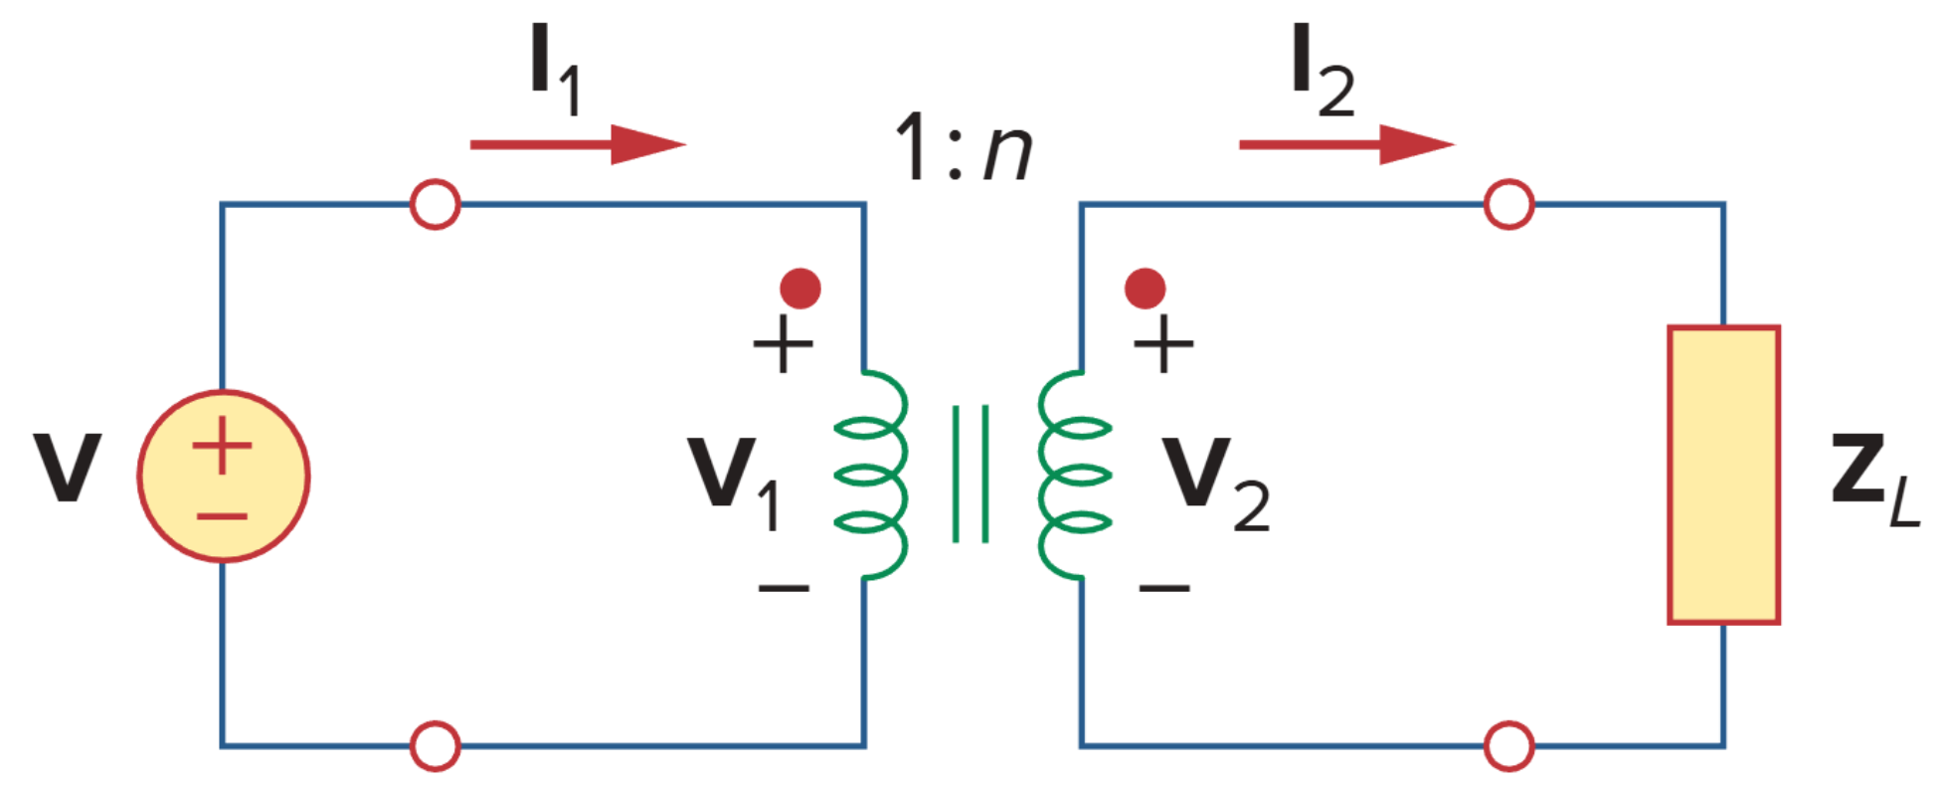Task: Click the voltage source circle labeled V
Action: point(223,477)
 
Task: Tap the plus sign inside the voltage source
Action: point(222,445)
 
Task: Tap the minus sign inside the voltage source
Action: point(222,516)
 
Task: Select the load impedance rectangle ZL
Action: point(1723,475)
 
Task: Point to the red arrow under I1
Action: point(577,144)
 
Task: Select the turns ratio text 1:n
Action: point(963,147)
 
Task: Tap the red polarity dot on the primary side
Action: point(800,289)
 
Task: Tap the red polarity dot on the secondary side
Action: point(1145,289)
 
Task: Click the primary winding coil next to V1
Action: point(872,475)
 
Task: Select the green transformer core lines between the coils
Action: point(971,474)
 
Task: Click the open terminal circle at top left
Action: point(435,205)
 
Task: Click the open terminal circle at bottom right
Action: point(1508,745)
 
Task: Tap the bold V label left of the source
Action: point(67,467)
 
